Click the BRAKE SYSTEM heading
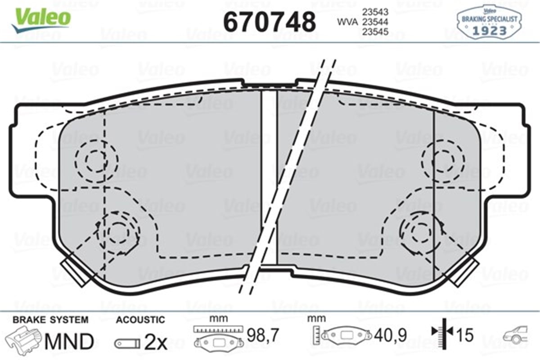point(50,320)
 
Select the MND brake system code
point(68,342)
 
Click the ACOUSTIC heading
point(140,320)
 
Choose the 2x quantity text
point(156,343)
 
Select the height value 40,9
point(391,335)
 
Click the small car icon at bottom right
point(516,335)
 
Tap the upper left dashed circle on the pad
point(96,160)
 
